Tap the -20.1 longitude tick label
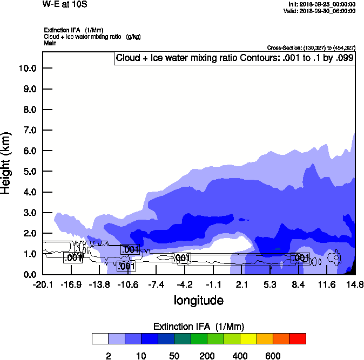pos(43,284)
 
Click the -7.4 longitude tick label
pos(156,284)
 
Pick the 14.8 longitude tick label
pos(354,284)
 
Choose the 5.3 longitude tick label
pos(270,284)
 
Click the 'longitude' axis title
pos(198,300)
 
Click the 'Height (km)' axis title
pos(6,162)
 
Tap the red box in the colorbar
pos(298,339)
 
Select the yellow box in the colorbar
pos(248,339)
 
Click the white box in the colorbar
pos(100,339)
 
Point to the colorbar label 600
pos(273,356)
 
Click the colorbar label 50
pos(174,356)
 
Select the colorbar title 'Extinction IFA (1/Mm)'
pos(199,327)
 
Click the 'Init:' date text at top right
pos(322,4)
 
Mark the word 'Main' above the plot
pos(50,43)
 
